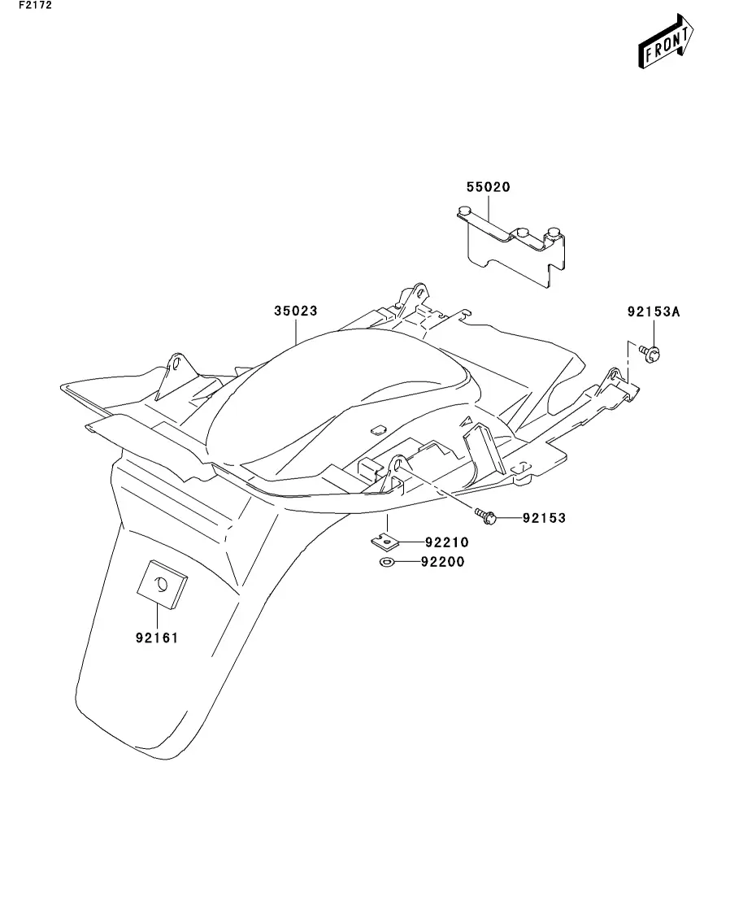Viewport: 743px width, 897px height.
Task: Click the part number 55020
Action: pos(488,187)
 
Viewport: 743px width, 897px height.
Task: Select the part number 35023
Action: pos(295,311)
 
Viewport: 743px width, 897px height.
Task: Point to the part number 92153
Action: pos(544,517)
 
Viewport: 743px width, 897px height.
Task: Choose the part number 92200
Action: pos(443,562)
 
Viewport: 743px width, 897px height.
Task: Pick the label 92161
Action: pos(157,638)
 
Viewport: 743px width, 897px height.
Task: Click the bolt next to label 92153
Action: pos(484,515)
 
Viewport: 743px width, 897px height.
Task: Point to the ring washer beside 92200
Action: pos(387,562)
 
